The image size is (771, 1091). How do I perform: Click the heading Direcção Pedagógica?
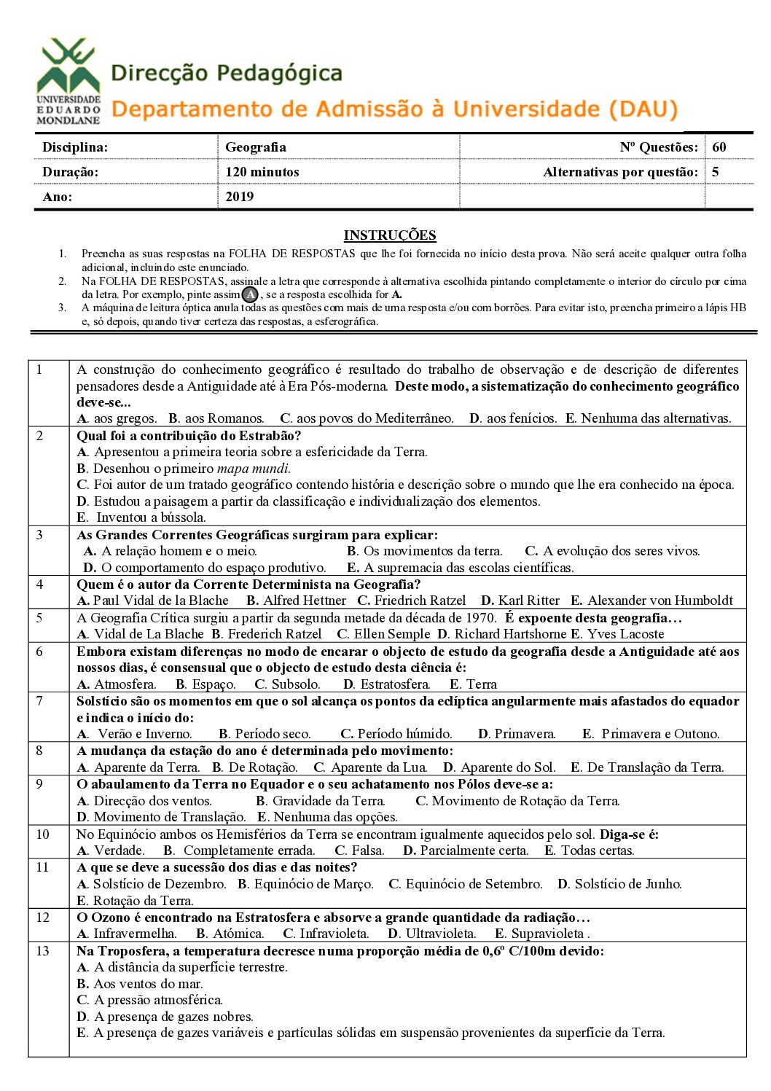click(227, 74)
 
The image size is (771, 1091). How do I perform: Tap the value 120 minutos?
click(262, 172)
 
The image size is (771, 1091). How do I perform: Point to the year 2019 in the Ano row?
click(239, 197)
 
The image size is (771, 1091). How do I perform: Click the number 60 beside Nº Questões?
click(719, 147)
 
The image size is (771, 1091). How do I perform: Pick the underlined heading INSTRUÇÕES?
click(390, 235)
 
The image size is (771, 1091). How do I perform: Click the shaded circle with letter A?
click(250, 294)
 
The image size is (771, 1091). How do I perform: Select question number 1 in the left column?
click(39, 369)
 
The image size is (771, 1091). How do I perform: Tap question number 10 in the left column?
click(43, 834)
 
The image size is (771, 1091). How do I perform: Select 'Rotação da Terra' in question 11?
click(143, 901)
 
